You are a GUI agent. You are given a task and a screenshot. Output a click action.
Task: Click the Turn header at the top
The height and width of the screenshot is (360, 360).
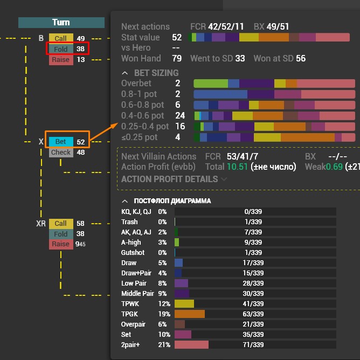pos(61,23)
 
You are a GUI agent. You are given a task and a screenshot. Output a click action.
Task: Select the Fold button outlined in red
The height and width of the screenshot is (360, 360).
pos(61,49)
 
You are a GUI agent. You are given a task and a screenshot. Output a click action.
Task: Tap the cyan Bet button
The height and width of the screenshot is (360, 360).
pos(60,142)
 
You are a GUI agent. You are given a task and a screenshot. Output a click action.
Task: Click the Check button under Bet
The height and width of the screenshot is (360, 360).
pos(60,153)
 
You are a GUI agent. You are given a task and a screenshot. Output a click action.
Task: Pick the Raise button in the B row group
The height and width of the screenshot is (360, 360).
pos(60,59)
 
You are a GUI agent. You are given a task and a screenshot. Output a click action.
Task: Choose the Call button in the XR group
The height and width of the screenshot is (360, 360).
pos(60,223)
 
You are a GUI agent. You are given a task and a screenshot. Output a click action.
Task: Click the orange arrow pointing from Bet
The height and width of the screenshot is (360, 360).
pos(103,134)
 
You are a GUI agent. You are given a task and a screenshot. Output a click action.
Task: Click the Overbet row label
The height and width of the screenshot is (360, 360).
pos(136,84)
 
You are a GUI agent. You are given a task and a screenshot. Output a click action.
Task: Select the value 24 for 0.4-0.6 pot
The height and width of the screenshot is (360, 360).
pos(180,115)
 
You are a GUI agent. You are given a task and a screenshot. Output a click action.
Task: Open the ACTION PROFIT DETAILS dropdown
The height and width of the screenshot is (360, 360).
pos(174,179)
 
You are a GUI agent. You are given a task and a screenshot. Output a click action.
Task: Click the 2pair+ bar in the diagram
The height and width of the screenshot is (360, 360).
pos(191,344)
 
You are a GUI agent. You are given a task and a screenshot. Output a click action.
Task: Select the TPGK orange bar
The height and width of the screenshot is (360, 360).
pos(189,314)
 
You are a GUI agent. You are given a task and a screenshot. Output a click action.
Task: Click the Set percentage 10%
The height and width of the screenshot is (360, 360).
pos(162,334)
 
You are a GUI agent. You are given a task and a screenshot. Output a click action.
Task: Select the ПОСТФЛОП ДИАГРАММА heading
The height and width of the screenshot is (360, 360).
pos(172,201)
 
